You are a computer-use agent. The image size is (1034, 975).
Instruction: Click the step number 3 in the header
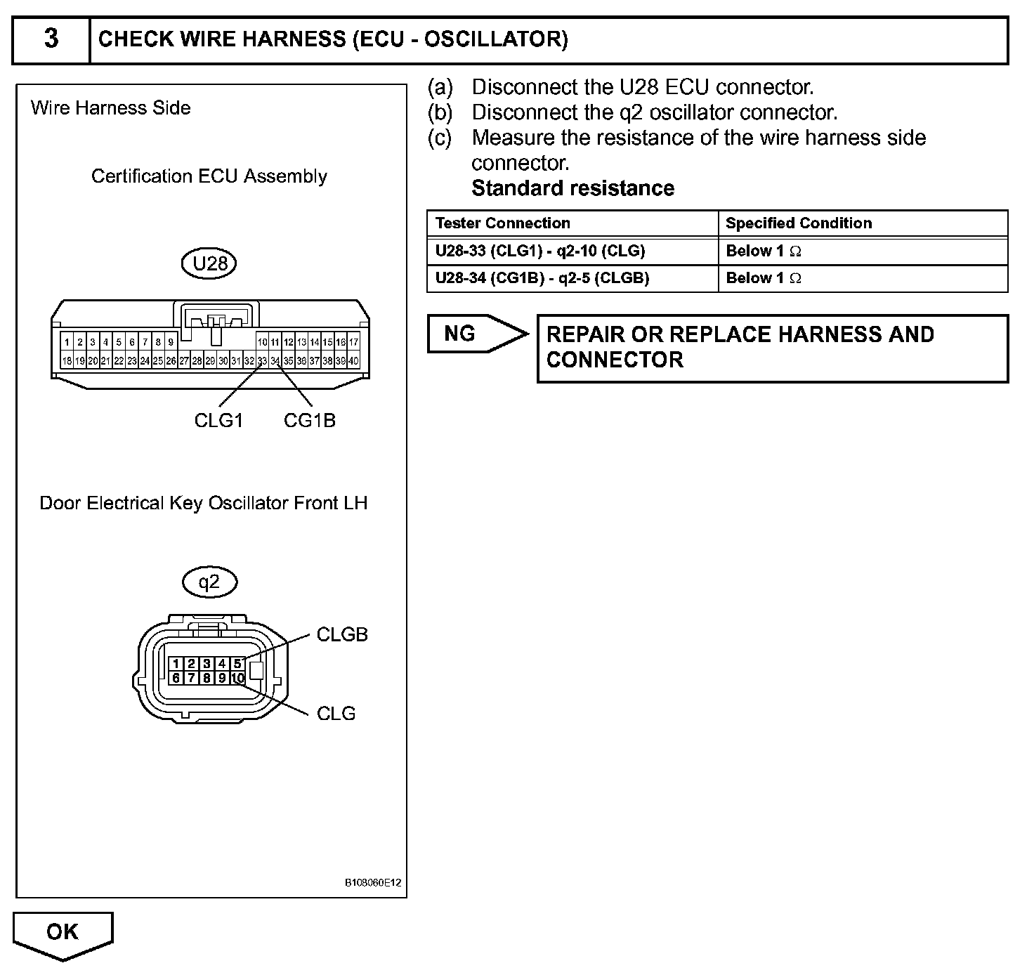[x=51, y=39]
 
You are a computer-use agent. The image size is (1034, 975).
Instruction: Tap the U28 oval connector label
[x=210, y=263]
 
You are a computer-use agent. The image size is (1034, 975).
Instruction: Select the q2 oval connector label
[x=209, y=582]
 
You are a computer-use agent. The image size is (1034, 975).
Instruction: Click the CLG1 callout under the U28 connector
[x=218, y=420]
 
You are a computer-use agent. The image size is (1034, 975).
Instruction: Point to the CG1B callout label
[x=310, y=420]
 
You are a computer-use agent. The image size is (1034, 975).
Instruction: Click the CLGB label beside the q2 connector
[x=342, y=634]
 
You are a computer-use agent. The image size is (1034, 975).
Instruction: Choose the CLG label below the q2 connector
[x=336, y=713]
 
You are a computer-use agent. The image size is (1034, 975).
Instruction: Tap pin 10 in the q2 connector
[x=237, y=678]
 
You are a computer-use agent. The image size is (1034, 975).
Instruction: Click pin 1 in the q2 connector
[x=176, y=664]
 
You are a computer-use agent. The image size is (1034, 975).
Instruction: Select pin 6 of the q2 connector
[x=176, y=678]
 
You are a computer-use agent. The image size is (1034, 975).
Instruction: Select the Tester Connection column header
[x=503, y=223]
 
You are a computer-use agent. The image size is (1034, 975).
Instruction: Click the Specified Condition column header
[x=799, y=223]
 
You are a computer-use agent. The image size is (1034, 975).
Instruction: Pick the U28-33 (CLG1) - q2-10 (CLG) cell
[x=540, y=251]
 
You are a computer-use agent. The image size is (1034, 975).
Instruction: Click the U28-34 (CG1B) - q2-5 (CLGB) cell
[x=542, y=278]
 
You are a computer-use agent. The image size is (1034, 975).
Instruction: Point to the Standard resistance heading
[x=573, y=188]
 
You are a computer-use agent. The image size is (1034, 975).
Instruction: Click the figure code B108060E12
[x=373, y=883]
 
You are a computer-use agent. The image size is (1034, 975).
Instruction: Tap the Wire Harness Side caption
[x=111, y=107]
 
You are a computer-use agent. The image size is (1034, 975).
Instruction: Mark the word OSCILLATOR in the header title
[x=495, y=39]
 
